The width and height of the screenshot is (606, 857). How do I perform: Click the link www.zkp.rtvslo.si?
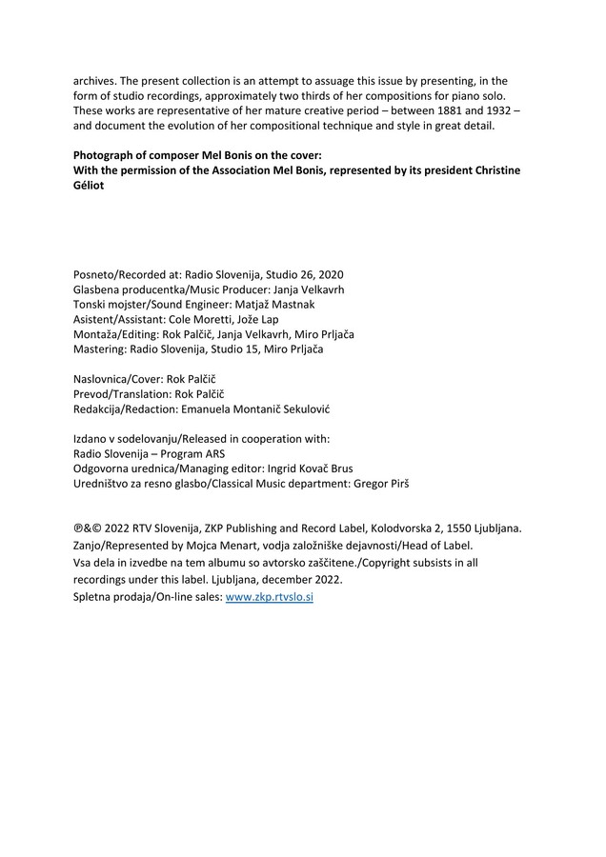269,597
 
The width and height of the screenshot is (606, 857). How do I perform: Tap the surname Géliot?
93,186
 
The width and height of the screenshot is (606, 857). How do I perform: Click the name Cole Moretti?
202,320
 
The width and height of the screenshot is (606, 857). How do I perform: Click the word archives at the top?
97,80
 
